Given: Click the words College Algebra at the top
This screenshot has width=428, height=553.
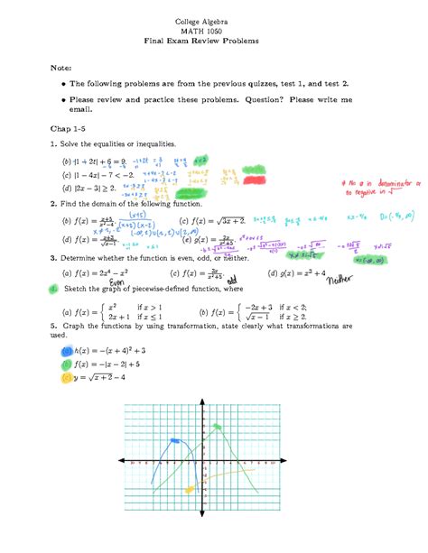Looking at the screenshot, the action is click(x=214, y=19).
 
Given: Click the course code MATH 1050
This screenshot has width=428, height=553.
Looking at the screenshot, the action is click(x=214, y=31).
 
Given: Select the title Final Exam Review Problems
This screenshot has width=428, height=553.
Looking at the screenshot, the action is click(x=214, y=42).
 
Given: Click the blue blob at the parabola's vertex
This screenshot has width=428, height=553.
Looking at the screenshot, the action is click(x=173, y=444).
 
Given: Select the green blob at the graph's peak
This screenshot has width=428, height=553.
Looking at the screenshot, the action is click(x=216, y=428).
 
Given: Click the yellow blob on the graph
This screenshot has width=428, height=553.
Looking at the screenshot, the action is click(x=190, y=489).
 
